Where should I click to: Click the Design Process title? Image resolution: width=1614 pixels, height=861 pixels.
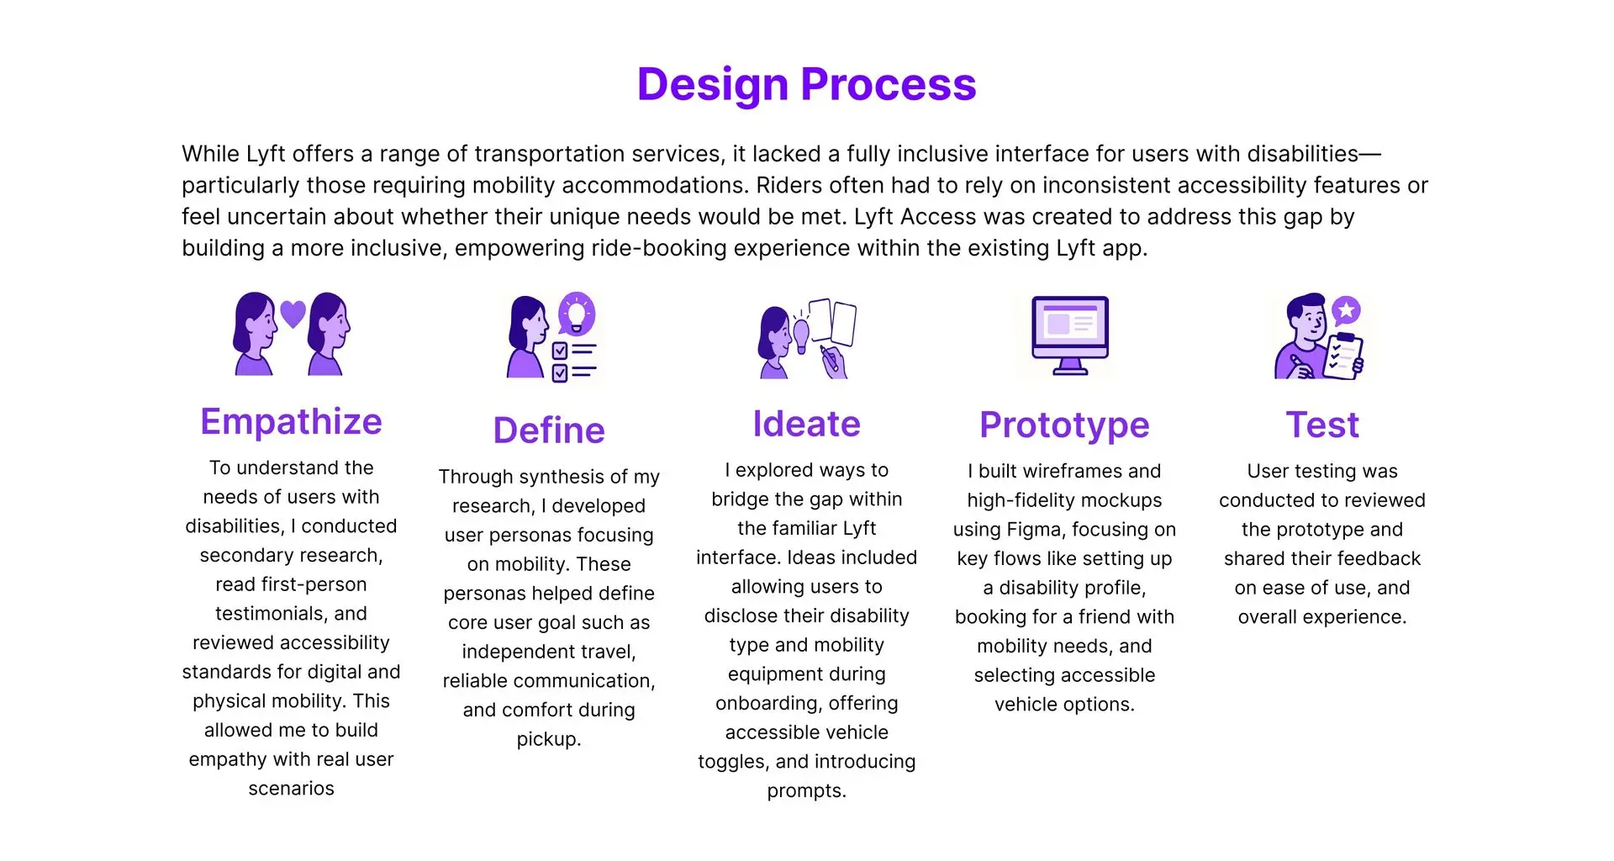(x=807, y=85)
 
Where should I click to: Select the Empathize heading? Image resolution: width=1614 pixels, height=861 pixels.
(x=291, y=422)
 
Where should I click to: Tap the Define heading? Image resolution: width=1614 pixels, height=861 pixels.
(x=549, y=430)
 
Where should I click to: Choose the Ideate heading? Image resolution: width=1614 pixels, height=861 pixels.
(x=807, y=424)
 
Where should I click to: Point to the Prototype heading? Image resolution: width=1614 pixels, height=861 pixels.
(x=1064, y=425)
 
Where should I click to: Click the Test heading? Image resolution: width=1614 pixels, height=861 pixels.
(x=1322, y=425)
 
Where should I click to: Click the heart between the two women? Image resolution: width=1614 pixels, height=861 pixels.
(x=293, y=314)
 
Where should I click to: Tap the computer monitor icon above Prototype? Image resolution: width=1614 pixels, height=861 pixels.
(x=1070, y=335)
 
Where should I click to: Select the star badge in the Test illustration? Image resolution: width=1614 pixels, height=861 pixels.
(x=1347, y=311)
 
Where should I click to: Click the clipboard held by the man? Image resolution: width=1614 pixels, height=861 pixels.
(x=1343, y=357)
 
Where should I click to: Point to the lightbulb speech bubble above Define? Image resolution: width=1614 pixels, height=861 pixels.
(x=577, y=314)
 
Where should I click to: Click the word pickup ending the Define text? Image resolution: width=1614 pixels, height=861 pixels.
(x=549, y=740)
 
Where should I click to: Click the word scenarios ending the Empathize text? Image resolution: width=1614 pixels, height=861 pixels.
(x=291, y=789)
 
